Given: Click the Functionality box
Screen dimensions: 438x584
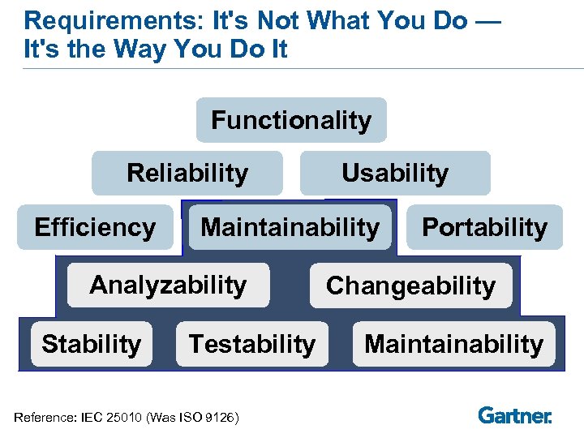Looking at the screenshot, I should point(291,121).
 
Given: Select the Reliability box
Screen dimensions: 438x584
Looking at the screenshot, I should point(187,173).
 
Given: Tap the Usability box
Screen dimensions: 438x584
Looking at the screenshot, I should point(395,173).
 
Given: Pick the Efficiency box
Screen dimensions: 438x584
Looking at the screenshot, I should point(95,227).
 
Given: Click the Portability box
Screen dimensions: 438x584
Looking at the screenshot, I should point(484,227).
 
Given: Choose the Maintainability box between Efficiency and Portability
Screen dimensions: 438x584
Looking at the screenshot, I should point(290,227).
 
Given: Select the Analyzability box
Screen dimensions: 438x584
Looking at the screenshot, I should point(168,285).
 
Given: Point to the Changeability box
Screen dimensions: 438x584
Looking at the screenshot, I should point(410,286).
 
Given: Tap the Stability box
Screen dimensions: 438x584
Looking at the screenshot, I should point(91,344).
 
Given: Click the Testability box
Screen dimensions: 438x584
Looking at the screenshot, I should point(251,344).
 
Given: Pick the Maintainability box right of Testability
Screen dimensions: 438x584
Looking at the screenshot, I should point(453,344).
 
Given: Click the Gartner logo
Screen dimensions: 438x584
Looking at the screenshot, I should point(515,415).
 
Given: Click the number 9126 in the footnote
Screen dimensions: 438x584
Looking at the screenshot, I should point(218,418).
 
